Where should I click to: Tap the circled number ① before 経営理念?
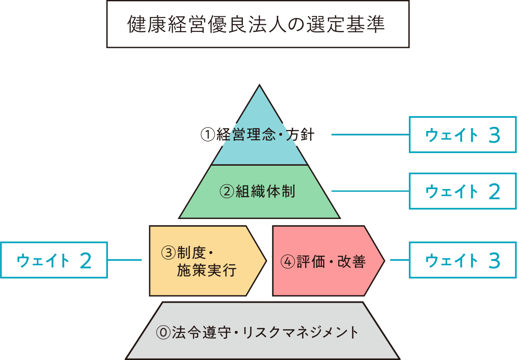tap(208, 135)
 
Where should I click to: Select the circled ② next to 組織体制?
tap(227, 191)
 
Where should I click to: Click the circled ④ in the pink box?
tap(288, 261)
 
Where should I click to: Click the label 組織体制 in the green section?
tap(265, 191)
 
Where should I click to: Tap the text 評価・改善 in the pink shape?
tap(330, 261)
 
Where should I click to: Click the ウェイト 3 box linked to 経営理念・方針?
tap(463, 135)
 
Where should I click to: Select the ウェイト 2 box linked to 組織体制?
tap(463, 191)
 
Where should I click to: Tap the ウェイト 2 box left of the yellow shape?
tap(54, 260)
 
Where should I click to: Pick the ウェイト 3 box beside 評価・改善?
tap(463, 260)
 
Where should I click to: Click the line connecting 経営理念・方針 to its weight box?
tap(370, 134)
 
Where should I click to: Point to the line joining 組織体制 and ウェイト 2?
tap(370, 191)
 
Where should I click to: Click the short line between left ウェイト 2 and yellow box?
tap(124, 260)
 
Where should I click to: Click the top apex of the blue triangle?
tap(259, 86)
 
